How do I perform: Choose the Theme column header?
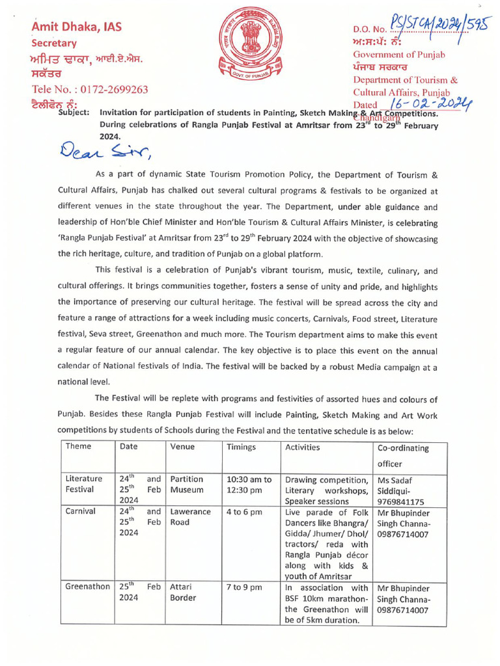tap(78, 447)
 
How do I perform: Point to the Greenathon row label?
tap(87, 587)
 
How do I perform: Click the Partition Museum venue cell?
tap(187, 484)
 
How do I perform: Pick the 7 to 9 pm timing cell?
tap(244, 587)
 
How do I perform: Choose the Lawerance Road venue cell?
tap(190, 516)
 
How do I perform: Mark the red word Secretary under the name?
tap(55, 43)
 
